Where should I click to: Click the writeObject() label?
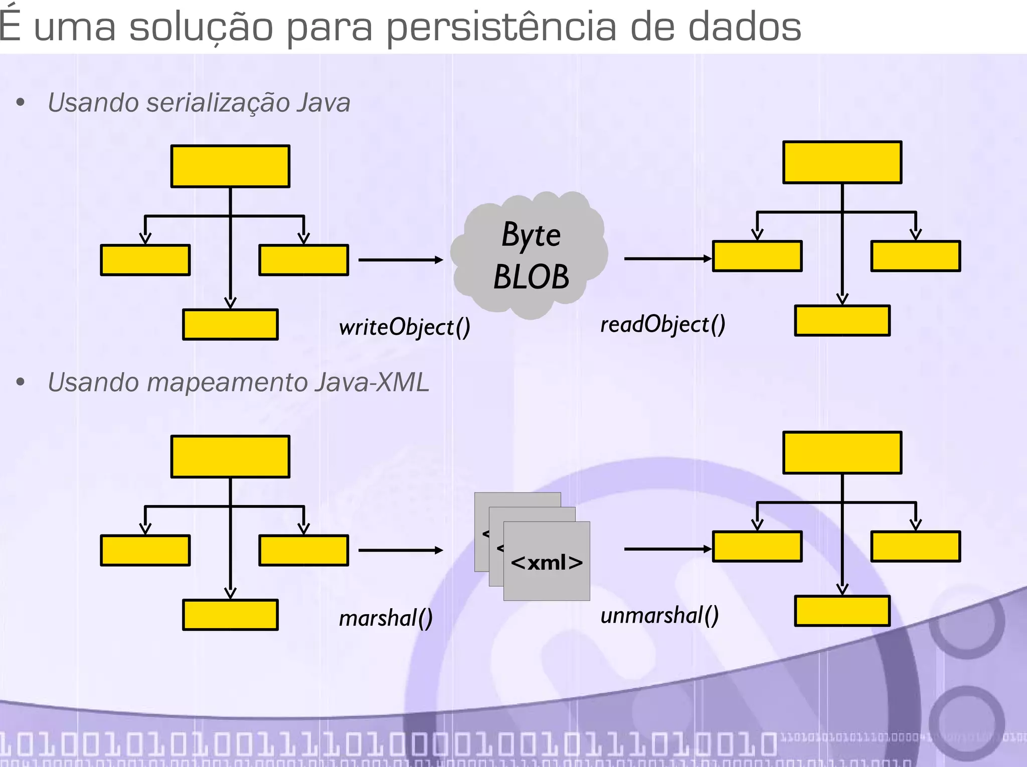(x=404, y=328)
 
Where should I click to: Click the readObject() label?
(x=662, y=325)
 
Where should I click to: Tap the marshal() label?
(x=385, y=618)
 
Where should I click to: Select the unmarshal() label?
(x=659, y=615)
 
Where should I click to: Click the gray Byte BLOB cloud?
(x=530, y=255)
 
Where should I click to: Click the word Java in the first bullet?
(x=323, y=103)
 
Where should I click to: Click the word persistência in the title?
(x=501, y=27)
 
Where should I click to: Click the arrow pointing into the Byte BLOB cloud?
(x=401, y=260)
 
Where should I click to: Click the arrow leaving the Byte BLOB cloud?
(x=667, y=259)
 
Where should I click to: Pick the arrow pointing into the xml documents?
(x=401, y=550)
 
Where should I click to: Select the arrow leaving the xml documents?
(x=667, y=549)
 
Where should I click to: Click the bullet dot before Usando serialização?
(x=21, y=103)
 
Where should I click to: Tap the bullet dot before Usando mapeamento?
(x=21, y=382)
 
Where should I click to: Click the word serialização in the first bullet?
(x=218, y=103)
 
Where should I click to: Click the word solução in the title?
(x=201, y=27)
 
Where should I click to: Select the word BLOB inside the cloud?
(x=531, y=277)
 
